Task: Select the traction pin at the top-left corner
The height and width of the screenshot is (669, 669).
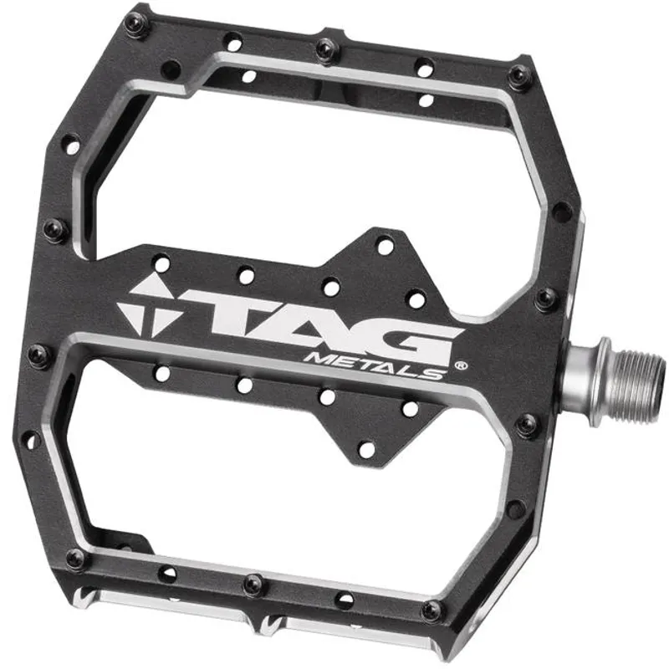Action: click(x=133, y=25)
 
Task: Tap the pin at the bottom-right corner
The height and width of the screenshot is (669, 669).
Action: click(x=432, y=610)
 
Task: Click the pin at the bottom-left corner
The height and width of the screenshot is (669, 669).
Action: click(x=74, y=559)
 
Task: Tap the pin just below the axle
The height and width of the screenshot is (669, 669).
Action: click(x=526, y=426)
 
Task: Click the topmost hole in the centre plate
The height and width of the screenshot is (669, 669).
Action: click(x=385, y=246)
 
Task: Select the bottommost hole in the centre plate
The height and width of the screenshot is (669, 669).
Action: click(x=366, y=450)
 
